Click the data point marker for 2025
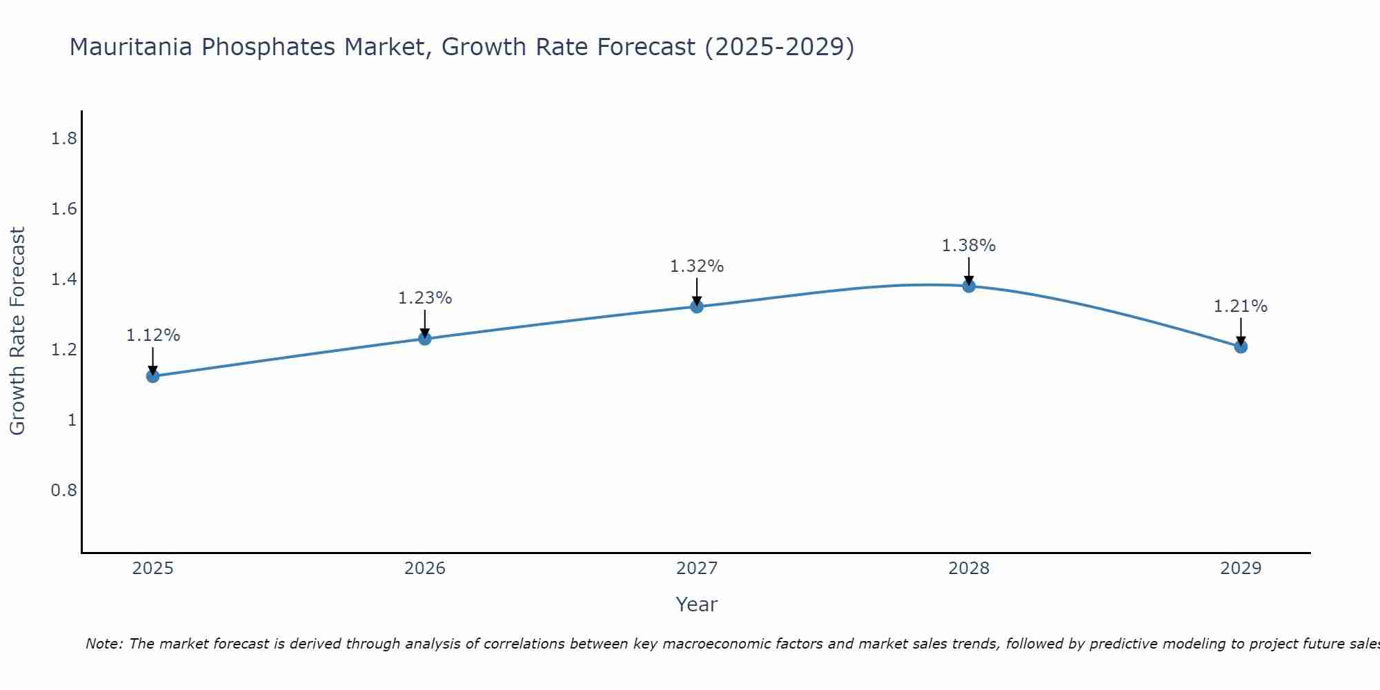(152, 376)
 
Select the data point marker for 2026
(424, 339)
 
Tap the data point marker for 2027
(697, 306)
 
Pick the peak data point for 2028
(969, 286)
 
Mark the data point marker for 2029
(1241, 346)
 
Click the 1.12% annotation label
(152, 335)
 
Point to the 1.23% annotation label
(424, 298)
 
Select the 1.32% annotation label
(697, 266)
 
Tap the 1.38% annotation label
(969, 246)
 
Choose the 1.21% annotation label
(1241, 306)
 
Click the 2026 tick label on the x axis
(424, 569)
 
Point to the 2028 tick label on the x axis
(969, 569)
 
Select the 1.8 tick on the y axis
(63, 139)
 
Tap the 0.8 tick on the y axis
(63, 491)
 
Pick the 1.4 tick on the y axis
(63, 279)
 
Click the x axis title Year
(696, 604)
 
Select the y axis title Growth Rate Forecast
(18, 331)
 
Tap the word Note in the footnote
(103, 644)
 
